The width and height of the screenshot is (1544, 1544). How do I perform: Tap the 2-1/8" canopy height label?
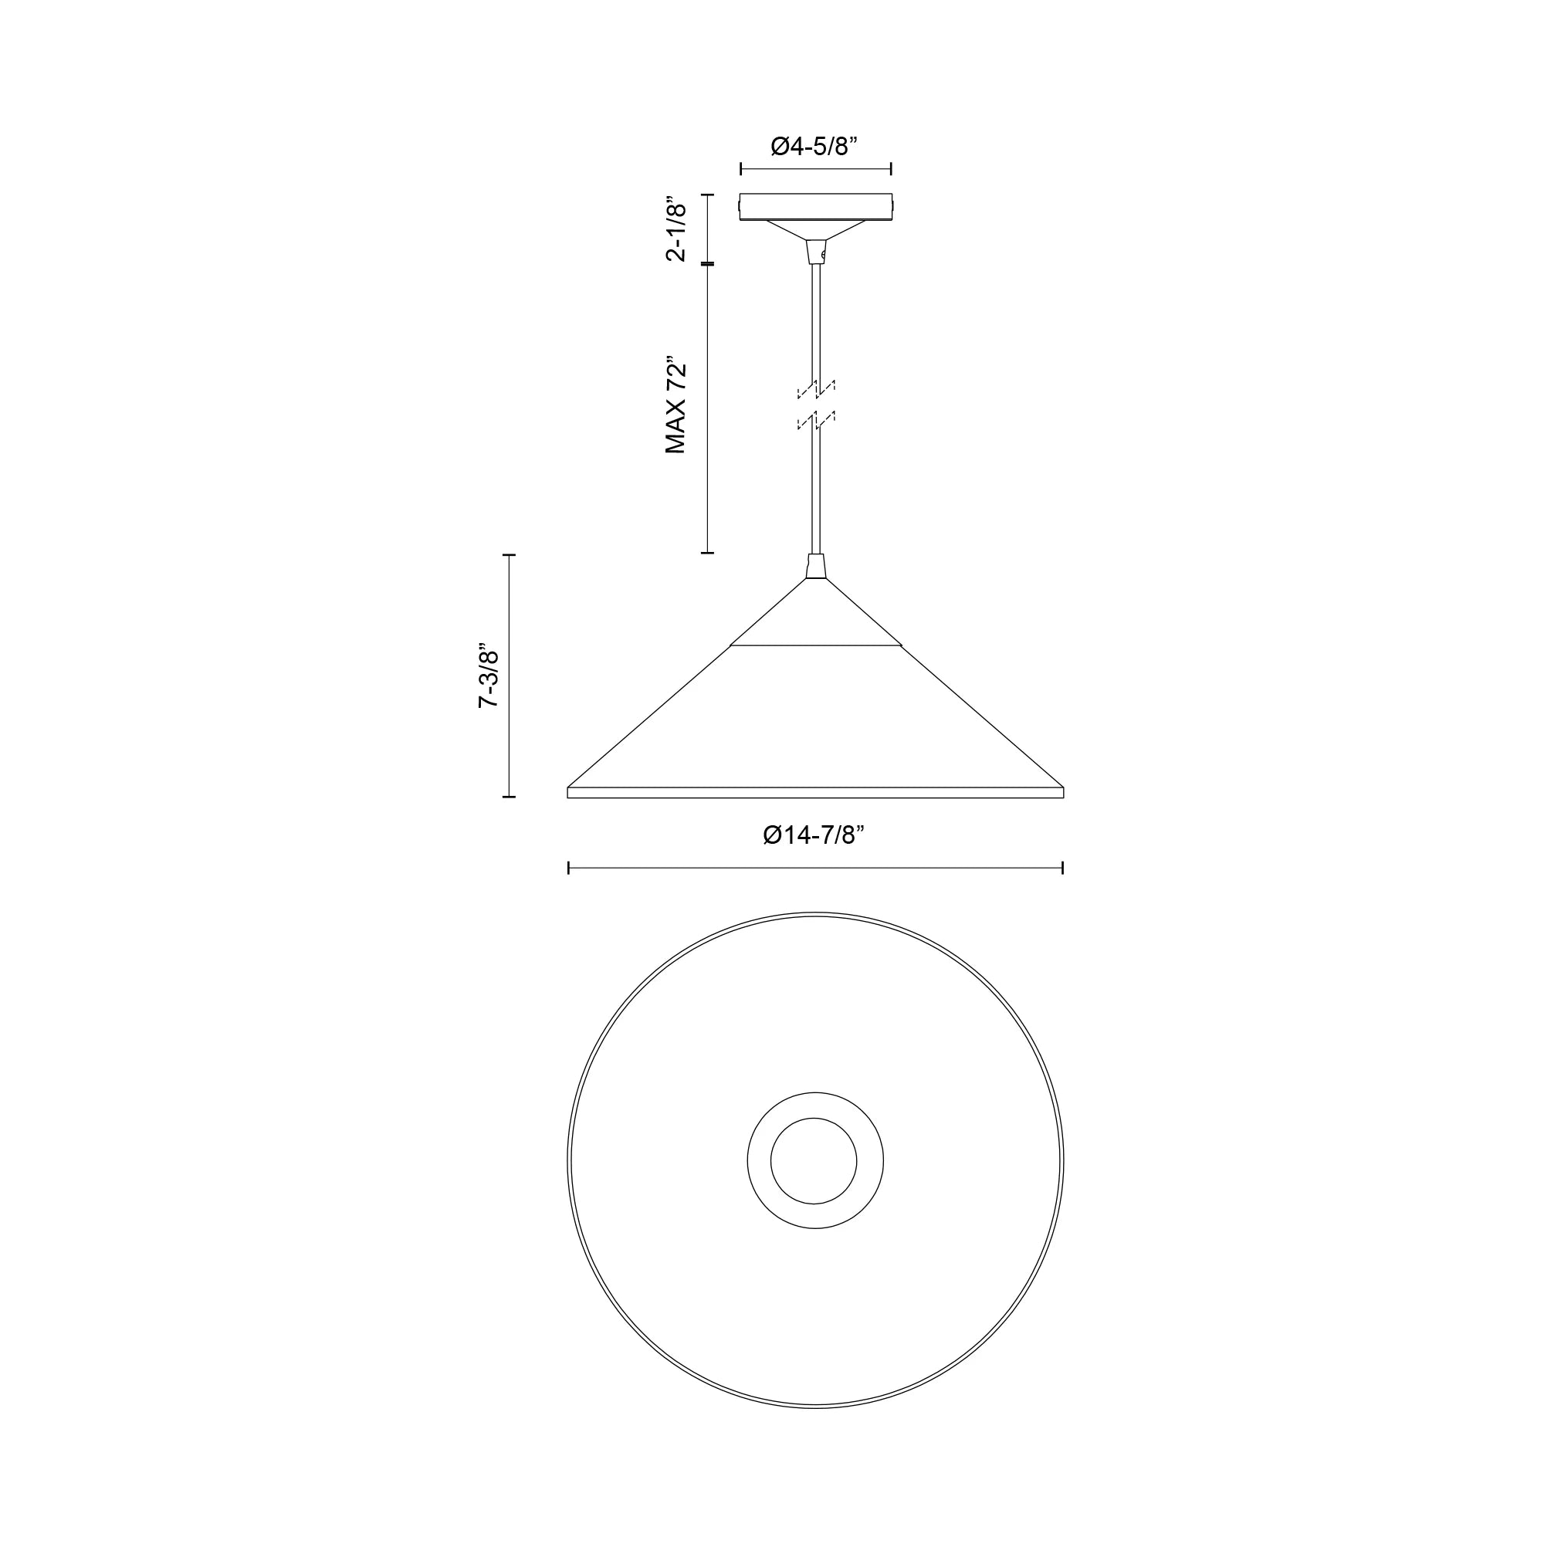pyautogui.click(x=676, y=229)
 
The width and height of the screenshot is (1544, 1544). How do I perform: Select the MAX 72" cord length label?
pyautogui.click(x=676, y=405)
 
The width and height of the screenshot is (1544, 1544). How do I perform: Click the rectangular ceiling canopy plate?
pyautogui.click(x=815, y=206)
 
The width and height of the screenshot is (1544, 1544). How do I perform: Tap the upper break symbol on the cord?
pyautogui.click(x=815, y=388)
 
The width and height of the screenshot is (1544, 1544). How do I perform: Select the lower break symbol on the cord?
pyautogui.click(x=815, y=421)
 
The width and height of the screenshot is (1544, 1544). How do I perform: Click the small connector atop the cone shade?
pyautogui.click(x=815, y=566)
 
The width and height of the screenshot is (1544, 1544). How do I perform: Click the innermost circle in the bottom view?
pyautogui.click(x=814, y=1160)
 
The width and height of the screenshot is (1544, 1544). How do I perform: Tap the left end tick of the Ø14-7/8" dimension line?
pyautogui.click(x=568, y=868)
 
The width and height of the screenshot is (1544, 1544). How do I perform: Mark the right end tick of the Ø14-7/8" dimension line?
pyautogui.click(x=1062, y=868)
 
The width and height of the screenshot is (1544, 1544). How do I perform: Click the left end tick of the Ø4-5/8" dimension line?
pyautogui.click(x=741, y=168)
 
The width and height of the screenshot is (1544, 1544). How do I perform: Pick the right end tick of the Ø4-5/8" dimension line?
pyautogui.click(x=890, y=168)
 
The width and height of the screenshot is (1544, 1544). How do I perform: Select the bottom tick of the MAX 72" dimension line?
pyautogui.click(x=707, y=552)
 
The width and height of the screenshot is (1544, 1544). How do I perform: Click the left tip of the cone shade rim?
pyautogui.click(x=569, y=792)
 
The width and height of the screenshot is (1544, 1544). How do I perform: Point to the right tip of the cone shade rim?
pyautogui.click(x=1062, y=792)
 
